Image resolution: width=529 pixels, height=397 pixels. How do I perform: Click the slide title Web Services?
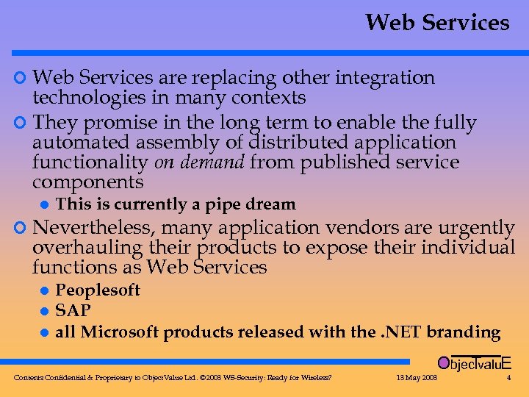pyautogui.click(x=436, y=23)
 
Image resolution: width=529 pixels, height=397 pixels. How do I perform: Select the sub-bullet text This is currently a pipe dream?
pyautogui.click(x=176, y=204)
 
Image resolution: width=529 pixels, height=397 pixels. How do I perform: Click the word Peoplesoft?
pyautogui.click(x=98, y=290)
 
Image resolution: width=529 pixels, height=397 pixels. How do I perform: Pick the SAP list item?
pyautogui.click(x=73, y=311)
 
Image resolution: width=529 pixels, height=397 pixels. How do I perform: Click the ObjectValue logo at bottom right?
pyautogui.click(x=474, y=362)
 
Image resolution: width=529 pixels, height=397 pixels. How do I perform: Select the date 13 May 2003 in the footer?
pyautogui.click(x=416, y=378)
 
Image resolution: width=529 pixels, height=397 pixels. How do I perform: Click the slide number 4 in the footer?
pyautogui.click(x=508, y=378)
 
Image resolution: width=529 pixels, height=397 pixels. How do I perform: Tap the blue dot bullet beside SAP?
pyautogui.click(x=43, y=312)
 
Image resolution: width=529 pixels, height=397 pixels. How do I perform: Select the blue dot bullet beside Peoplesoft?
pyautogui.click(x=43, y=290)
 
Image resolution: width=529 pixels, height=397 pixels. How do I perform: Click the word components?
pyautogui.click(x=88, y=182)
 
